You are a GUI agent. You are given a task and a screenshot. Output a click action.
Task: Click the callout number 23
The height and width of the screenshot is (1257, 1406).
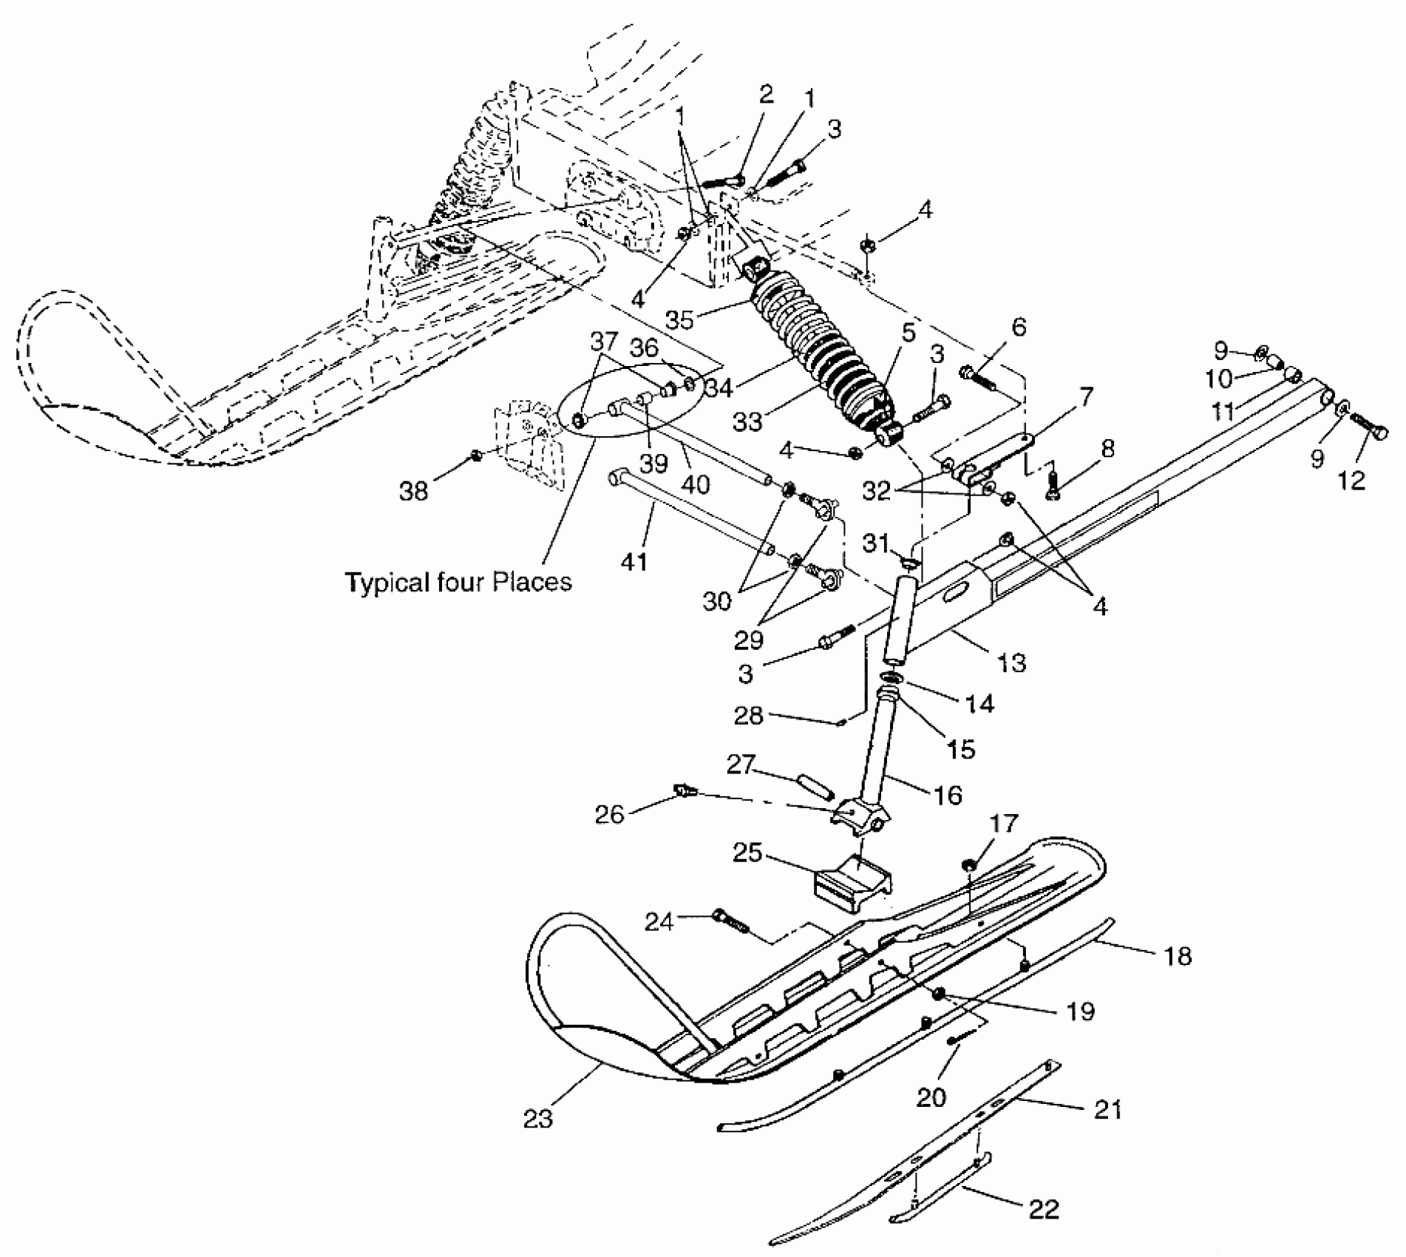coord(538,1119)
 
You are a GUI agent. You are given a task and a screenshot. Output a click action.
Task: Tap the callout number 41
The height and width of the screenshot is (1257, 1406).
coord(634,561)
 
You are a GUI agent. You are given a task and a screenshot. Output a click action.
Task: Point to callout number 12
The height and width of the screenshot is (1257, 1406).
coord(1351,480)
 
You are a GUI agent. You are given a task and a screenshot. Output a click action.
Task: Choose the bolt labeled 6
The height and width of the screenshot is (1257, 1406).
coord(978,377)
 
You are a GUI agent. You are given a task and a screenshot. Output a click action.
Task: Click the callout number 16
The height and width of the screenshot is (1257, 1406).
coord(948,795)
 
